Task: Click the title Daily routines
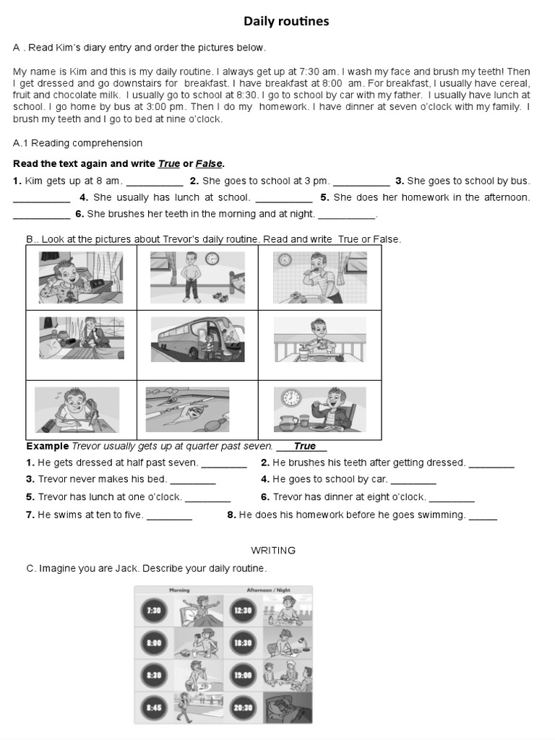(x=285, y=22)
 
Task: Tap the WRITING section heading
(x=273, y=551)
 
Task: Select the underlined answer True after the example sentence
(x=304, y=447)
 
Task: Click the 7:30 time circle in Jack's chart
(x=154, y=611)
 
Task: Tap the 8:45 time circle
(x=154, y=707)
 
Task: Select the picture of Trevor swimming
(x=187, y=410)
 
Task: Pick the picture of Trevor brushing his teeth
(x=320, y=277)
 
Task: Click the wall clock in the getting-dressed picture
(x=212, y=259)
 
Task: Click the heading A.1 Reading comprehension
(x=77, y=143)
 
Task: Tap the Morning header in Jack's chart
(x=179, y=590)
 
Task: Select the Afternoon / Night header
(x=268, y=590)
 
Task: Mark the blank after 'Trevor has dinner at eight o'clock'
(x=452, y=498)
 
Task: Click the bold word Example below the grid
(x=48, y=447)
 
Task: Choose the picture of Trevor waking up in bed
(x=80, y=277)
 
